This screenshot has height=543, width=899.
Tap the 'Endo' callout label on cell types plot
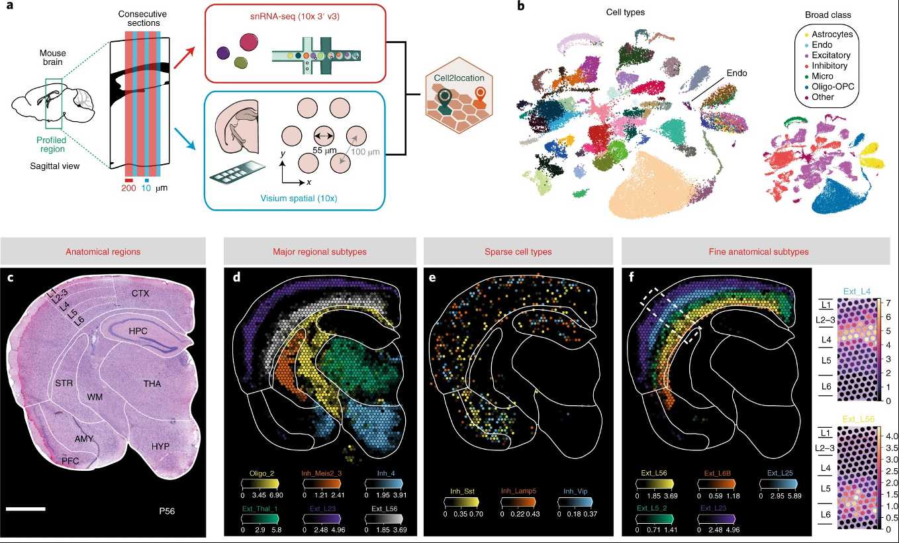[736, 74]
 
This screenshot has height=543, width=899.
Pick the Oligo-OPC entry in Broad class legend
[833, 87]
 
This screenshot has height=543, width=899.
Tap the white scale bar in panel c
[26, 509]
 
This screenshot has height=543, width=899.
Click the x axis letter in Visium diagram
[309, 182]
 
